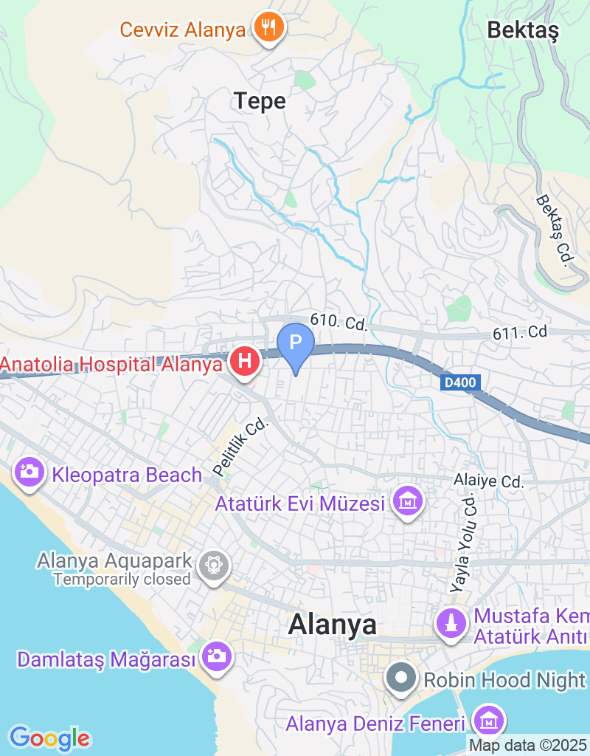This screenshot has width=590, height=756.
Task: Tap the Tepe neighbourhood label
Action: click(x=260, y=100)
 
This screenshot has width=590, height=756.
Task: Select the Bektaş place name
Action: click(x=524, y=30)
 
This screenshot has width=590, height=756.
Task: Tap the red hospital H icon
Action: click(x=246, y=362)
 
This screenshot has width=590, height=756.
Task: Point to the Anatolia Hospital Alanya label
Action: click(x=111, y=364)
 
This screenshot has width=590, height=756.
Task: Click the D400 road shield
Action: click(x=461, y=382)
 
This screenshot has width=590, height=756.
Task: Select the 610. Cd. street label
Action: click(x=339, y=322)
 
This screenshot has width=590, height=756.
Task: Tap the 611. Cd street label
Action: click(x=520, y=333)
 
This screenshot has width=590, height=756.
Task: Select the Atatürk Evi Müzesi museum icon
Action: click(x=408, y=504)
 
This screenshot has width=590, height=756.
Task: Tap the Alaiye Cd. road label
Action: click(x=488, y=481)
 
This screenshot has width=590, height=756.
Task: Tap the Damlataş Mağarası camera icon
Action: click(x=216, y=658)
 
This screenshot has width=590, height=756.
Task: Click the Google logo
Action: click(x=49, y=738)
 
